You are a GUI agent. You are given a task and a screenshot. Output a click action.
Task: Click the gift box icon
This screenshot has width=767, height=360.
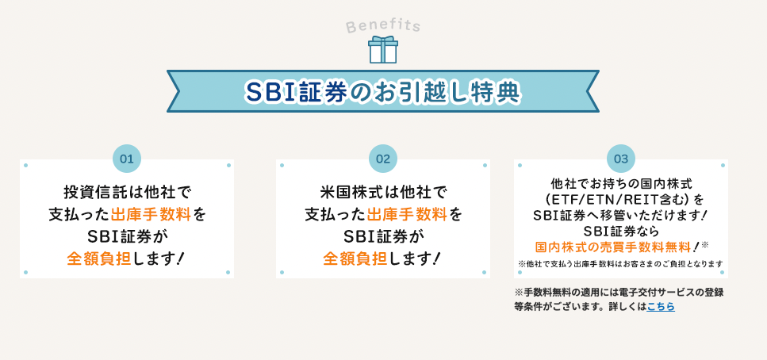pyautogui.click(x=383, y=49)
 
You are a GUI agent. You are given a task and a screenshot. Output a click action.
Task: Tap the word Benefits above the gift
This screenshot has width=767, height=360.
pyautogui.click(x=383, y=25)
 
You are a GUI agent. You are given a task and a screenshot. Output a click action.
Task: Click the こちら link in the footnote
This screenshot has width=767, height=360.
pyautogui.click(x=661, y=306)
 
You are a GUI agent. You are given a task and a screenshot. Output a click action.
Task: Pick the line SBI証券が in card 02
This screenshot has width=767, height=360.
pyautogui.click(x=383, y=236)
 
